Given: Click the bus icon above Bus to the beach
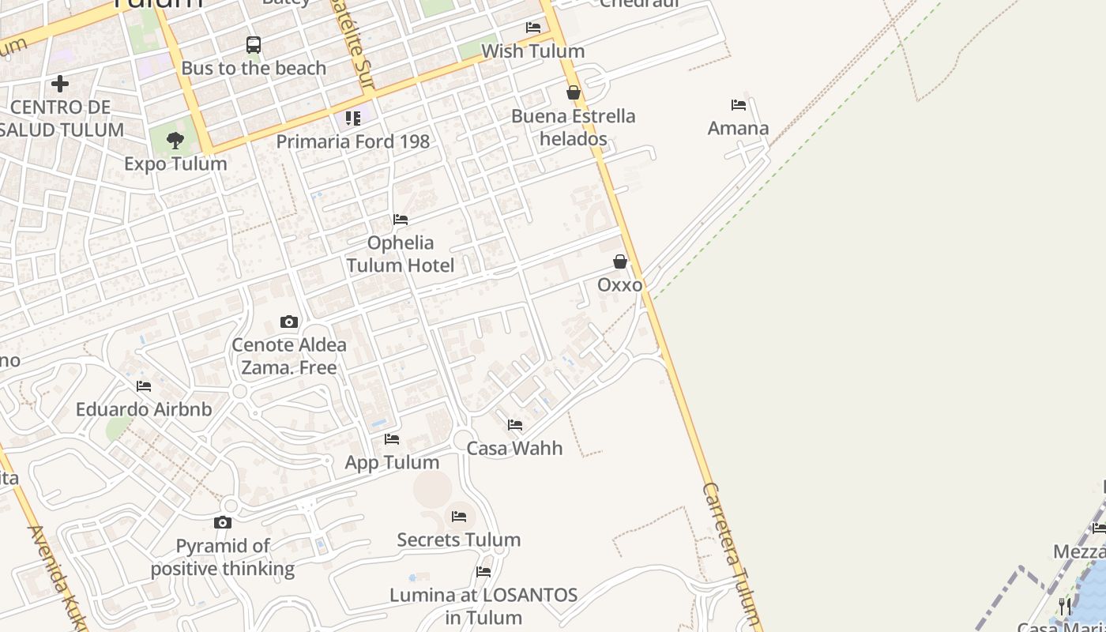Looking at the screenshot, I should (253, 45).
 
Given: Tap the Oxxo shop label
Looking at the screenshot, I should (620, 284).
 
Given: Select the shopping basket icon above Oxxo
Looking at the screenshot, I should (620, 261).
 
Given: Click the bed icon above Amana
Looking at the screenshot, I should (739, 104).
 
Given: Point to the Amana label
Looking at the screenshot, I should (739, 128).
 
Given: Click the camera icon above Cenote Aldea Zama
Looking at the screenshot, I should (289, 322).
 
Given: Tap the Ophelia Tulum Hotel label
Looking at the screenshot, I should (401, 254).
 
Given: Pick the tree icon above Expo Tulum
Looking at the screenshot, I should (175, 141).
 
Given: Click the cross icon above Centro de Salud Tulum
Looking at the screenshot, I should (60, 83).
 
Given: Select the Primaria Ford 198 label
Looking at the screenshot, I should (353, 141).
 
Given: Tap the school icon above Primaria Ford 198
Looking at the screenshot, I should (353, 118).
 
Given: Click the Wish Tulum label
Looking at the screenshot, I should (533, 51).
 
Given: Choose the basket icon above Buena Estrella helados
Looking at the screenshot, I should (574, 92).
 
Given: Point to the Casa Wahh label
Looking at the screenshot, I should (515, 448).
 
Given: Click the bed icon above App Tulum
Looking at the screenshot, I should (392, 439).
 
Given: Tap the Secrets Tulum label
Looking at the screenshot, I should (459, 540).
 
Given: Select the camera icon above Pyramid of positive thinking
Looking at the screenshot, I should (223, 522).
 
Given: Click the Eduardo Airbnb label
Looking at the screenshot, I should (144, 409).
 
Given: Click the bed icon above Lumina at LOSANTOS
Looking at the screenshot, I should (483, 571).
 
